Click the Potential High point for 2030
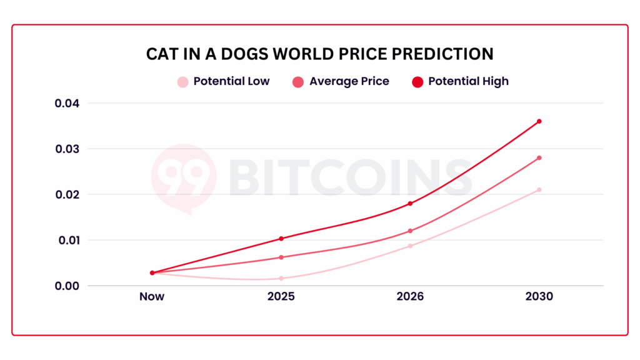[539, 121]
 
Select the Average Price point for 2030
[539, 157]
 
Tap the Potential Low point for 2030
[539, 189]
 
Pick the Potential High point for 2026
[410, 203]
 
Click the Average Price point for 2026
[410, 231]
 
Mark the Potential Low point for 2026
[410, 246]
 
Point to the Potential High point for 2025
[281, 238]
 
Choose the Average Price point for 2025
[281, 257]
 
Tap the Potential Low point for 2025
[281, 278]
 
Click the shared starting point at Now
[152, 272]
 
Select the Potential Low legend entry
[224, 81]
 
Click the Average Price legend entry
[341, 81]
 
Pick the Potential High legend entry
[461, 81]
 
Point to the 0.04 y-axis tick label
[67, 103]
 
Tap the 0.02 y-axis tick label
[67, 194]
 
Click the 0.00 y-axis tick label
[67, 286]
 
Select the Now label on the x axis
[152, 296]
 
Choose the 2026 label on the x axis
[410, 296]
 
